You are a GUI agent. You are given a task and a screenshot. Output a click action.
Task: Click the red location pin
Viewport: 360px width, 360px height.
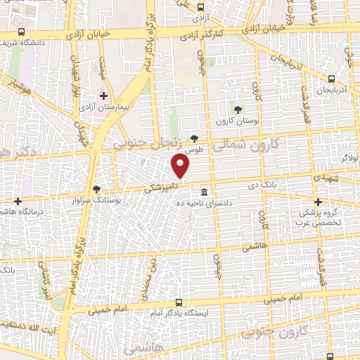pyautogui.click(x=181, y=165)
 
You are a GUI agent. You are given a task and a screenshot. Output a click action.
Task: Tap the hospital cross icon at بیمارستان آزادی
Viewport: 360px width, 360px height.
pyautogui.click(x=104, y=96)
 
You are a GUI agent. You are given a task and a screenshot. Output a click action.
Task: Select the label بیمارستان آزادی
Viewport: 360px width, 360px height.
pyautogui.click(x=114, y=108)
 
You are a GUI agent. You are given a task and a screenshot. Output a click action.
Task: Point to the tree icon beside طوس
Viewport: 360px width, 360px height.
pyautogui.click(x=194, y=139)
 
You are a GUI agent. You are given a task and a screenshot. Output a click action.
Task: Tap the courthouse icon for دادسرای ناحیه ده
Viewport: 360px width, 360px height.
pyautogui.click(x=204, y=192)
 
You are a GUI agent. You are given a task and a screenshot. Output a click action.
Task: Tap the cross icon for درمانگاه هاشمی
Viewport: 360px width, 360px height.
pyautogui.click(x=18, y=202)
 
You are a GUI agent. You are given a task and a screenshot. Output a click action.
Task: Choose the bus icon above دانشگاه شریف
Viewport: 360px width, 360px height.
pyautogui.click(x=22, y=32)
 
